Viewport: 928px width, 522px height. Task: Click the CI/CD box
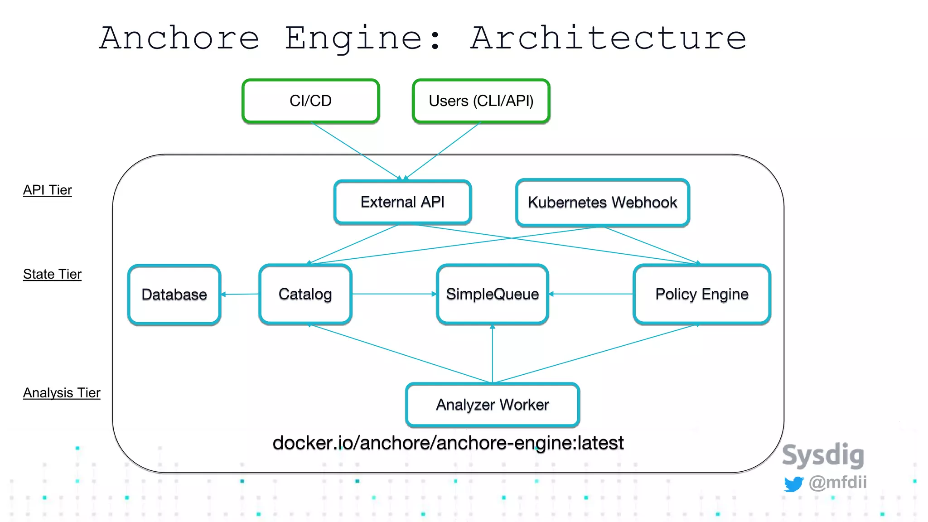coord(310,101)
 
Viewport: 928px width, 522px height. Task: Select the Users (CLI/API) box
coord(481,101)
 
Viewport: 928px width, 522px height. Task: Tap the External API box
coord(402,202)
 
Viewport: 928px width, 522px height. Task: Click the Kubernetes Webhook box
coord(602,203)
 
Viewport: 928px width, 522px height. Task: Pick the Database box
coord(174,295)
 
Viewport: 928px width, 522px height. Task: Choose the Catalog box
coord(305,294)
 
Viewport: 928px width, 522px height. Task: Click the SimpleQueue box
coord(492,294)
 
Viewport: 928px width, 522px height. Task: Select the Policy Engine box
coord(701,294)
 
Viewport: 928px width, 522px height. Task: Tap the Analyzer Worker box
coord(492,405)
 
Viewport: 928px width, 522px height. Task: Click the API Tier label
coord(47,190)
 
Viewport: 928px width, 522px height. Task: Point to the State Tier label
coord(52,274)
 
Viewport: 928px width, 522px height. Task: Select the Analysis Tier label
coord(62,393)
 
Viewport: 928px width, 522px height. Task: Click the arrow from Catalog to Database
coord(240,294)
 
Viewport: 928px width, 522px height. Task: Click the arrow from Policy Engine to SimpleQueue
coord(591,294)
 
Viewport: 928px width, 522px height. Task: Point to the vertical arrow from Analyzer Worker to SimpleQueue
coord(493,353)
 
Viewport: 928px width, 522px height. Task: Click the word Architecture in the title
coord(608,38)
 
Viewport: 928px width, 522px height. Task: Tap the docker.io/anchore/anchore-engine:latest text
coord(448,443)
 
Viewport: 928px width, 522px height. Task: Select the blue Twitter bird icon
coord(793,483)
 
